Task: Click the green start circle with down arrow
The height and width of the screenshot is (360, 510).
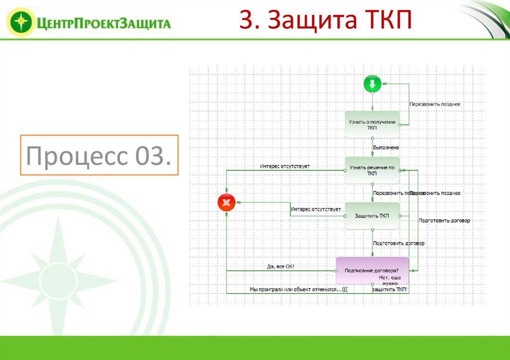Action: pyautogui.click(x=372, y=84)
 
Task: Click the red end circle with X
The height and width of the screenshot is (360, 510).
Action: pyautogui.click(x=227, y=202)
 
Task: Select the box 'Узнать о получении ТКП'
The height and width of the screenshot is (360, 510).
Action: pyautogui.click(x=372, y=124)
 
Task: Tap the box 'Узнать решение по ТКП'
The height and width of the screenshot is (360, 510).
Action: pyautogui.click(x=372, y=170)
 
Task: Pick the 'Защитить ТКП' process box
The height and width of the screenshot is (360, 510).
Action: pyautogui.click(x=372, y=216)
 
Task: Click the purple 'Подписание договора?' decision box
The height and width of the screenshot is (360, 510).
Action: pyautogui.click(x=372, y=270)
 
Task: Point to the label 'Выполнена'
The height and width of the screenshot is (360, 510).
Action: pyautogui.click(x=386, y=147)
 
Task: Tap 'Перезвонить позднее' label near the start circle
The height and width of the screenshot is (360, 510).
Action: pyautogui.click(x=434, y=104)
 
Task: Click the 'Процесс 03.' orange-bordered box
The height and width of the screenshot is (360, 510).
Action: pyautogui.click(x=99, y=155)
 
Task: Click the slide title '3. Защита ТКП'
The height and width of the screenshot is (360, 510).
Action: pyautogui.click(x=326, y=20)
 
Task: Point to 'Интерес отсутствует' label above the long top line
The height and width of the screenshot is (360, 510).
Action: pyautogui.click(x=285, y=166)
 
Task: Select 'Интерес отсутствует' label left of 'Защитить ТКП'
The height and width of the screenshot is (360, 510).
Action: pyautogui.click(x=316, y=209)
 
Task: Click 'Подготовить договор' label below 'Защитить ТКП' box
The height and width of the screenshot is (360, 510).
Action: pyautogui.click(x=398, y=243)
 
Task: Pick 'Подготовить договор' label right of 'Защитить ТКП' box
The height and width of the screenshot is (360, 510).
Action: pyautogui.click(x=444, y=220)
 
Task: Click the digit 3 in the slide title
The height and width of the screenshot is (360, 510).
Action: pyautogui.click(x=245, y=20)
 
